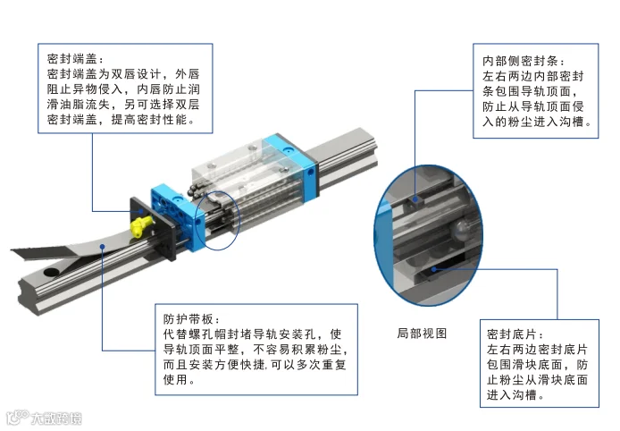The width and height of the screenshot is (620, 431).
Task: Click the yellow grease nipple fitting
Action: (139, 227)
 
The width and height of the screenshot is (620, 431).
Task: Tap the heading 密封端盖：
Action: (76, 59)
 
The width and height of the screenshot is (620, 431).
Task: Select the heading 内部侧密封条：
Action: (524, 61)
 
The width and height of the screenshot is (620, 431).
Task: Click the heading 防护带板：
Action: (192, 319)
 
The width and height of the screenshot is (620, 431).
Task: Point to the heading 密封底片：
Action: (515, 334)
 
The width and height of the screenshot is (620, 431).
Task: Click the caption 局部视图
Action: (422, 334)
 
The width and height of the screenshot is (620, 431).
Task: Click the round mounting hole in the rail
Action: (51, 273)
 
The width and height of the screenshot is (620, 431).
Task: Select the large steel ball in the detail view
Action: (462, 229)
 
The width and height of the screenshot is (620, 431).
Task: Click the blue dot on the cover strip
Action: (102, 246)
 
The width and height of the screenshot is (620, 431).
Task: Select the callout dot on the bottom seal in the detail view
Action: (434, 269)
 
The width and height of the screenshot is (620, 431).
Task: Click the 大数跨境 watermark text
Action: (56, 418)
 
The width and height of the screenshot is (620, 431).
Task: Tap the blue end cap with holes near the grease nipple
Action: (178, 215)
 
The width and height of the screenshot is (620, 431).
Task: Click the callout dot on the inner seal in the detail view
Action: (415, 199)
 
